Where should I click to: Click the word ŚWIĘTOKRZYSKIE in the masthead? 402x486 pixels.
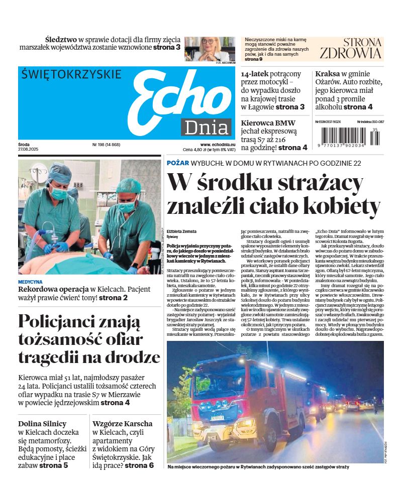[x=71, y=74]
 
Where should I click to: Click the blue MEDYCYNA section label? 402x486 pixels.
[x=30, y=282]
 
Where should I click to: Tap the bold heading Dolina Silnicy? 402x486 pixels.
[x=42, y=423]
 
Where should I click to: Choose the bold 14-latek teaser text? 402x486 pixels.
[x=256, y=73]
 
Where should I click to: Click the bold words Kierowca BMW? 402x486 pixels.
[x=268, y=123]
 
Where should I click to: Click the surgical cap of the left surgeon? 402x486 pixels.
[x=59, y=174]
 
